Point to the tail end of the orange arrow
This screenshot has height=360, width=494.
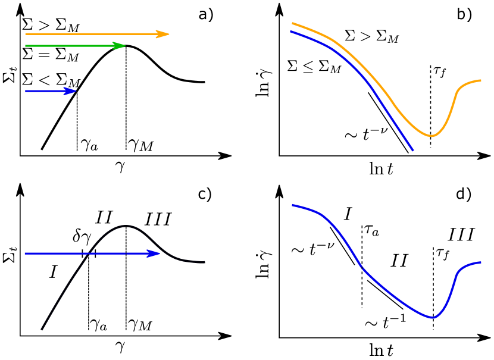click(25, 34)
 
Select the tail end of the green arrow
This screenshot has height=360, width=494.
click(25, 46)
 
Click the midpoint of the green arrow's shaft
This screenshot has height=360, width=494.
click(75, 46)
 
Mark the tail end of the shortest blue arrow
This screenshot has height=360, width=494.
click(25, 91)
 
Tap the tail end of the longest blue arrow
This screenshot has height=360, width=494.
click(25, 253)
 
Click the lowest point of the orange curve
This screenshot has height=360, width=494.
click(432, 136)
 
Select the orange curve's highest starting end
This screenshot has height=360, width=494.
click(292, 23)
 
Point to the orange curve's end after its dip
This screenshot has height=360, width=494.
click(481, 80)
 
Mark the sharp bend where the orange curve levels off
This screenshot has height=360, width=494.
click(458, 90)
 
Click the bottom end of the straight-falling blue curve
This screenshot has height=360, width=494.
click(412, 151)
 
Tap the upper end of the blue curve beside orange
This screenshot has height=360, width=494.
click(291, 31)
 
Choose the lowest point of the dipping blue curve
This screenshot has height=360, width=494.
click(433, 318)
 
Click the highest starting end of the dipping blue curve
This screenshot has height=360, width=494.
click(292, 205)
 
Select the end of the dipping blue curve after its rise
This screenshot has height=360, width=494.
click(481, 262)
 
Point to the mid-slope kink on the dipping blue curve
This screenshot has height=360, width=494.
click(362, 268)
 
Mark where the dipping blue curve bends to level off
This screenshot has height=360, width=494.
click(458, 273)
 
